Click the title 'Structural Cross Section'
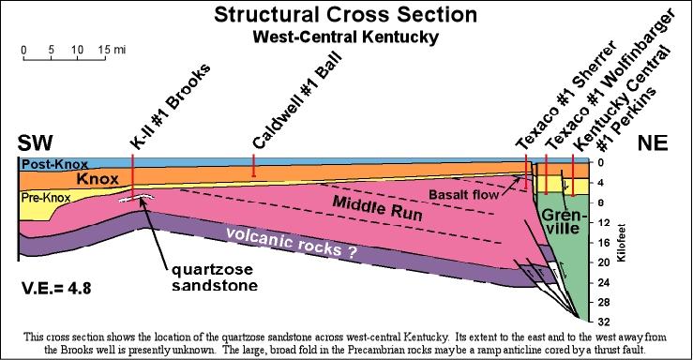346,15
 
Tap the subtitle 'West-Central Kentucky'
346,37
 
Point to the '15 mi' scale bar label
112,50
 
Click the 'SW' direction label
36,143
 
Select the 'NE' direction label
653,143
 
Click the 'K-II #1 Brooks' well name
170,107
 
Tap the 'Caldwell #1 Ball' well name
297,99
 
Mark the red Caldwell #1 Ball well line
253,166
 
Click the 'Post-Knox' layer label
54,164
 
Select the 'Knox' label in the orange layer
98,179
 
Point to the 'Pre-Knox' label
46,198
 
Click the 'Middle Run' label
377,208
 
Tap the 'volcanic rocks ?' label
292,243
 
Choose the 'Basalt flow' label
463,194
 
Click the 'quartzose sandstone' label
215,277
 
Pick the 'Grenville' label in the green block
564,221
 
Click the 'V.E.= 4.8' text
56,289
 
